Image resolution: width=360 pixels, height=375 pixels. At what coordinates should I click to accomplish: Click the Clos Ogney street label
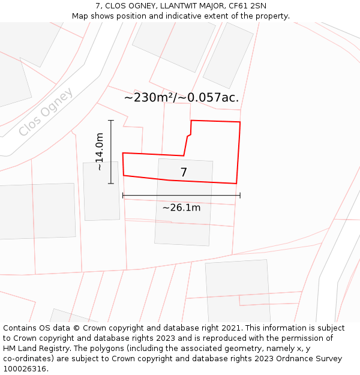[46, 112]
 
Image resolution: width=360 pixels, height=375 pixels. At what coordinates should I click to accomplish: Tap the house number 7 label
[184, 173]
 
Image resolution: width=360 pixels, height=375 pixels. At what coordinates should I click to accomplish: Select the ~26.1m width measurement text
[181, 208]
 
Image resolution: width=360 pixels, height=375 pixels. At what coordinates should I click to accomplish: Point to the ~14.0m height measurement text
[100, 152]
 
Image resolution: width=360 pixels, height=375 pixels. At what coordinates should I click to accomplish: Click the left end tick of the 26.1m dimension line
[123, 195]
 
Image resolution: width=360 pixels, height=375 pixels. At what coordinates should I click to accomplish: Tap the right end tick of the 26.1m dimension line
[240, 195]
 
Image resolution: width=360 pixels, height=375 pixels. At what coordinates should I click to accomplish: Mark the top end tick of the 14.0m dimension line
[111, 121]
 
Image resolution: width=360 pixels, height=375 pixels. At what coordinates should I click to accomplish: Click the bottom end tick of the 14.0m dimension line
[111, 183]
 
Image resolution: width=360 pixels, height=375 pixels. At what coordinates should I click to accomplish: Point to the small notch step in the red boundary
[189, 136]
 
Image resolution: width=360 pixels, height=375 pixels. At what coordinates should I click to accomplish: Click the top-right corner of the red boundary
[240, 122]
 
